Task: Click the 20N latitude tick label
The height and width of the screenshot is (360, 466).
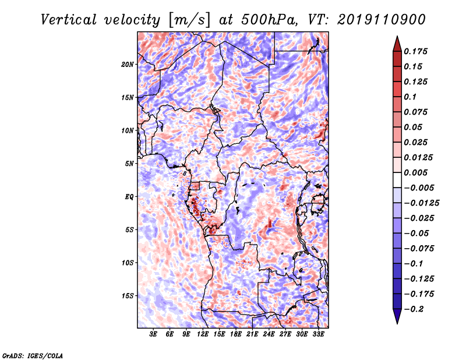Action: click(128, 64)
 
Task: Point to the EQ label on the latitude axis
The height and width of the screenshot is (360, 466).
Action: click(130, 197)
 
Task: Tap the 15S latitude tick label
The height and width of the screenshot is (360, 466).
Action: click(128, 296)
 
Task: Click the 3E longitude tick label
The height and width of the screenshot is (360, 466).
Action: click(153, 336)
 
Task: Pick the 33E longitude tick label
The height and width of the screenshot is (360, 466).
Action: click(318, 336)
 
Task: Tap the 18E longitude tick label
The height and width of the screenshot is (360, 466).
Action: click(235, 336)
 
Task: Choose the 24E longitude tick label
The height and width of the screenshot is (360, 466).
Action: click(269, 336)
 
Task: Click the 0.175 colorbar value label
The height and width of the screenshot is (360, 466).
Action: click(417, 51)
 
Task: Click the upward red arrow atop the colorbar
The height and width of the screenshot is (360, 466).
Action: click(396, 42)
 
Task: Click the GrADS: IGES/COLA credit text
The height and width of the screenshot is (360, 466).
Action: click(32, 355)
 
